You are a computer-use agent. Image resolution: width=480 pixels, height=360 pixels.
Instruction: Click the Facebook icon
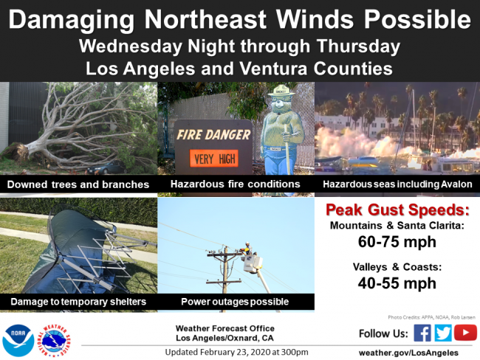coord(422,333)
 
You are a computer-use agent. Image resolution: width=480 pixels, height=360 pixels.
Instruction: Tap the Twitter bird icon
coord(442,333)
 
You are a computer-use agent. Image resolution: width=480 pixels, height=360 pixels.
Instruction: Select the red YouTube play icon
coord(465,333)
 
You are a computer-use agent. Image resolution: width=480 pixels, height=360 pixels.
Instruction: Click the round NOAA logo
coord(18,340)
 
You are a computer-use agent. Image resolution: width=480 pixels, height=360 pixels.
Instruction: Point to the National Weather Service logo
coord(54,340)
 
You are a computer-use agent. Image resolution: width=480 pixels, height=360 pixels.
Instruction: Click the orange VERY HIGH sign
coord(214,159)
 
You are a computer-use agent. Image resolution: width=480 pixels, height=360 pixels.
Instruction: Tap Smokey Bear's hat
coord(281,91)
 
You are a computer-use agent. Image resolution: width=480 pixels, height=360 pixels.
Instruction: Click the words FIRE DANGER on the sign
coord(213,134)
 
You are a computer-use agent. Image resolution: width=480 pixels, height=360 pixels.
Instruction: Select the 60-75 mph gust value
coord(397,242)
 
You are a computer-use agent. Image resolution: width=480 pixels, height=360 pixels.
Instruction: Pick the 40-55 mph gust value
coord(397,283)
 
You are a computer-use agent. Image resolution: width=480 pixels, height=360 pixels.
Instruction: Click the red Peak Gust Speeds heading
coord(397,210)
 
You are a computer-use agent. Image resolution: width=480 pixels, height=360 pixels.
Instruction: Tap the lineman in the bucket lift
coord(248,249)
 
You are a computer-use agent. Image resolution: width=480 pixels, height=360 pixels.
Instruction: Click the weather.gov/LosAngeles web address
coord(408,353)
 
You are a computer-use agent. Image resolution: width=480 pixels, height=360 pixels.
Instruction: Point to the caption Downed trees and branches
coord(78,184)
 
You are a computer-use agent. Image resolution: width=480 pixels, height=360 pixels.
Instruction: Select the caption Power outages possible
coord(235,302)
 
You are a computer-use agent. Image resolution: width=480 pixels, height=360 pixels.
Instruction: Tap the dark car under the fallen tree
coord(107,167)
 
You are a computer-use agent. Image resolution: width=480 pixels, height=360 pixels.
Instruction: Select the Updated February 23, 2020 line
coord(236,352)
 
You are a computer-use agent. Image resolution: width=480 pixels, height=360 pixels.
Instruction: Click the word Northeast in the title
coord(205,20)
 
